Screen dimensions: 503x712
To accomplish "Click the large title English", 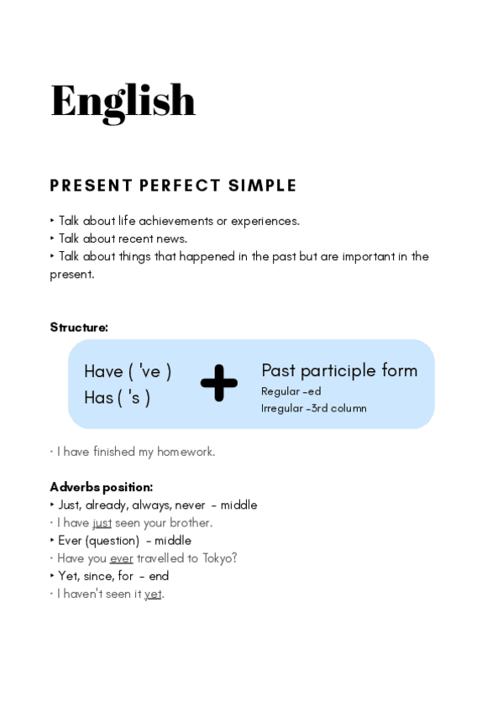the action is (123, 102).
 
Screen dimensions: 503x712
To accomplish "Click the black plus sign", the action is (218, 383).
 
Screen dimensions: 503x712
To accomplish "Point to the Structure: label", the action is (79, 327).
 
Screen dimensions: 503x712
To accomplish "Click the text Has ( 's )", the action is (117, 397).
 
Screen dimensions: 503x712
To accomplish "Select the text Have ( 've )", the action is (128, 371).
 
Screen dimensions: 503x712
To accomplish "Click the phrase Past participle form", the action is (339, 370).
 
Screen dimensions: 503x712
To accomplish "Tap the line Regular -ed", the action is (291, 391).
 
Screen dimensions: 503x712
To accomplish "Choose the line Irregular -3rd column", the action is (313, 409).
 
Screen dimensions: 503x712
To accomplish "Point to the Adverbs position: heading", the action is (101, 487).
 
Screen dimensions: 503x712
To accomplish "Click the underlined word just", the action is (102, 523).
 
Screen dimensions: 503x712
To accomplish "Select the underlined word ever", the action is (121, 558).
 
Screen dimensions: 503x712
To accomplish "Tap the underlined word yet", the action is (152, 594).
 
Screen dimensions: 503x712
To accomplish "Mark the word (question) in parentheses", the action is (112, 541).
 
